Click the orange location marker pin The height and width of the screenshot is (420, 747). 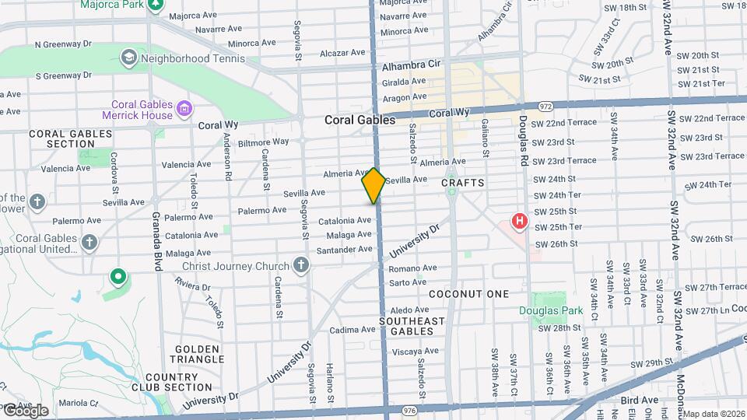coord(374,186)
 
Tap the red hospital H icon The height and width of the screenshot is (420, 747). coord(519,222)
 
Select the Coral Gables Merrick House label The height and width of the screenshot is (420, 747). coord(137,109)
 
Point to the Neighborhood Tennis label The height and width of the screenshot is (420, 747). coord(188,58)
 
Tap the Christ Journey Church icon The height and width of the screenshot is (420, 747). coord(302,266)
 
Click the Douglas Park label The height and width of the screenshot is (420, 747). coord(551,311)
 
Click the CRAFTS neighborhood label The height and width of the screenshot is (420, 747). coord(463,183)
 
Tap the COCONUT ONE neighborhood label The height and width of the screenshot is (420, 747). coord(468,294)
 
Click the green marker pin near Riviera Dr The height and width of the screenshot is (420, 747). coord(118,275)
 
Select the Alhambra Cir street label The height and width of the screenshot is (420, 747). coord(411,67)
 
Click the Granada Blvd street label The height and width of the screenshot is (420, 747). coord(156,241)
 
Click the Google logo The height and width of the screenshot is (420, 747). coord(25,410)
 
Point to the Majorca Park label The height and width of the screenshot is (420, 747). coord(114,5)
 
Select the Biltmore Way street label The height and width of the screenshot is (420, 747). coord(263,142)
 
